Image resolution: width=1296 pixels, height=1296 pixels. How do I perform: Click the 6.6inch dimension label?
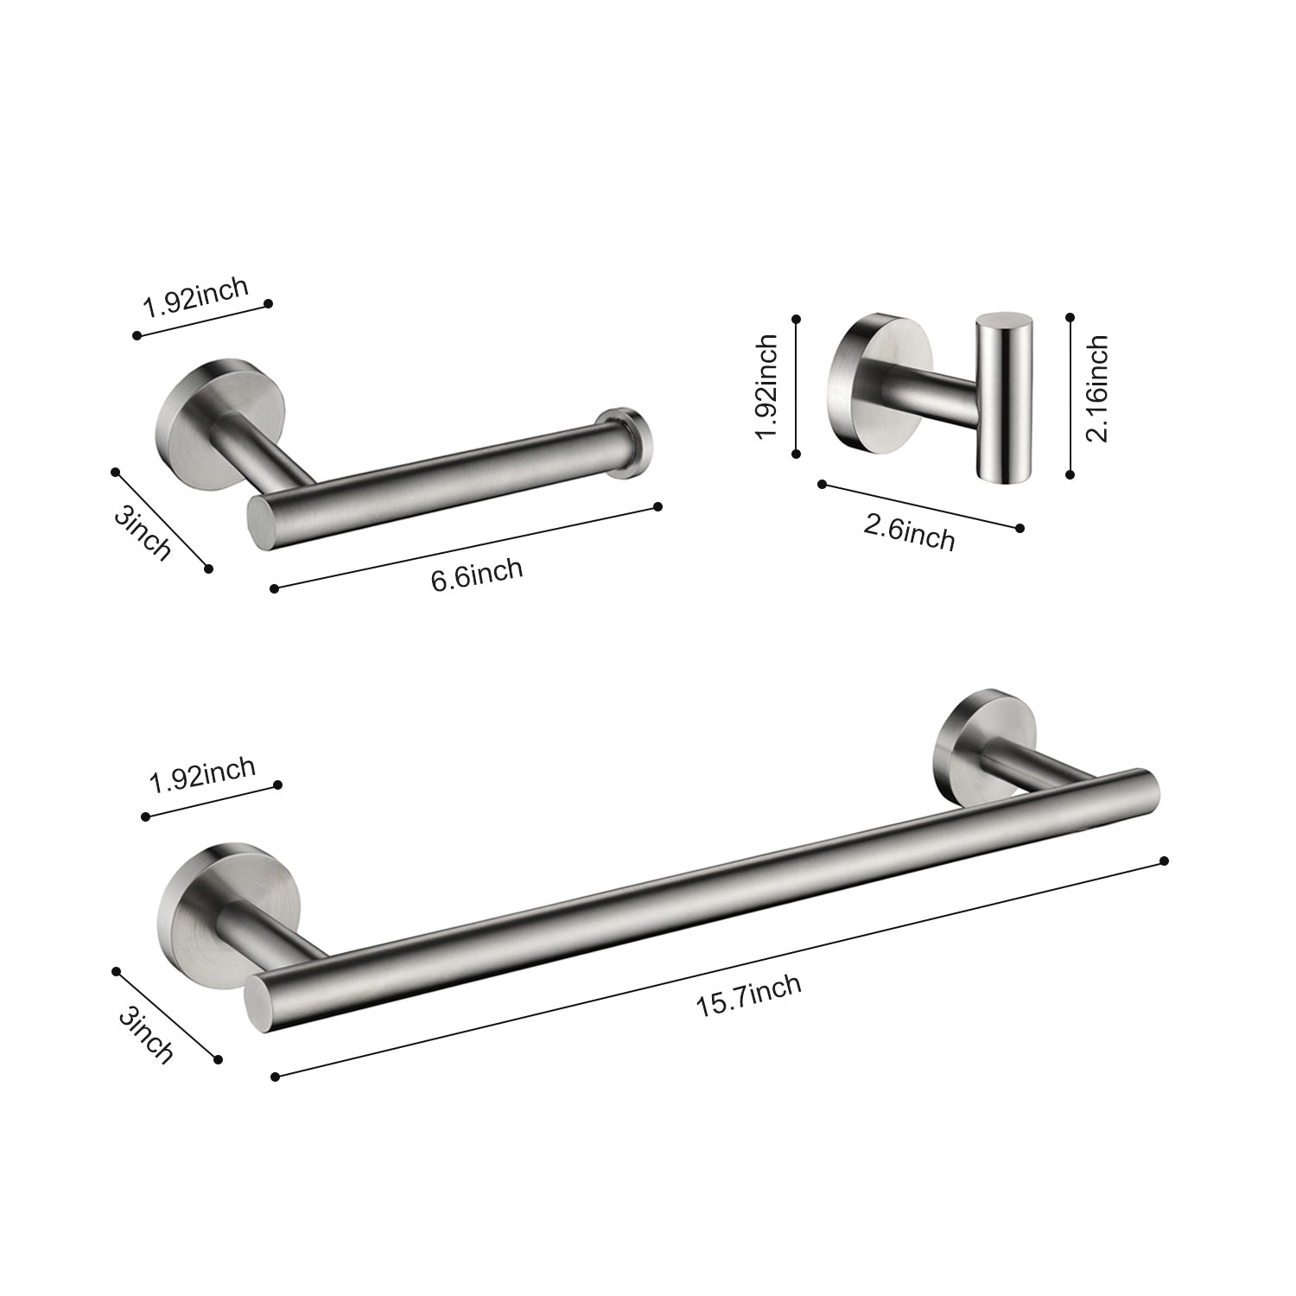[x=477, y=574]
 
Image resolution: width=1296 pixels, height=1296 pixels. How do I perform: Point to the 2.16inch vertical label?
[x=1096, y=389]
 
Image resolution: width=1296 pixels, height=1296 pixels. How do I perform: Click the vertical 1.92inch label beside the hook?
[x=766, y=386]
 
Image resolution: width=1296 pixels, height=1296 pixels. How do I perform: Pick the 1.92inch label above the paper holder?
[x=196, y=298]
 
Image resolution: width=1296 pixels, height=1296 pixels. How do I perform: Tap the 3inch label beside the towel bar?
[x=146, y=1034]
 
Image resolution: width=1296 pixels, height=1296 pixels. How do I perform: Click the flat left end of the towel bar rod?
[x=258, y=1005]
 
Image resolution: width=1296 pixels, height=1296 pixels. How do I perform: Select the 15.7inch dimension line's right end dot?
[x=1165, y=861]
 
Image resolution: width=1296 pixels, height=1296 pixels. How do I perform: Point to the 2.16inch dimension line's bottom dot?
[x=1070, y=474]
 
